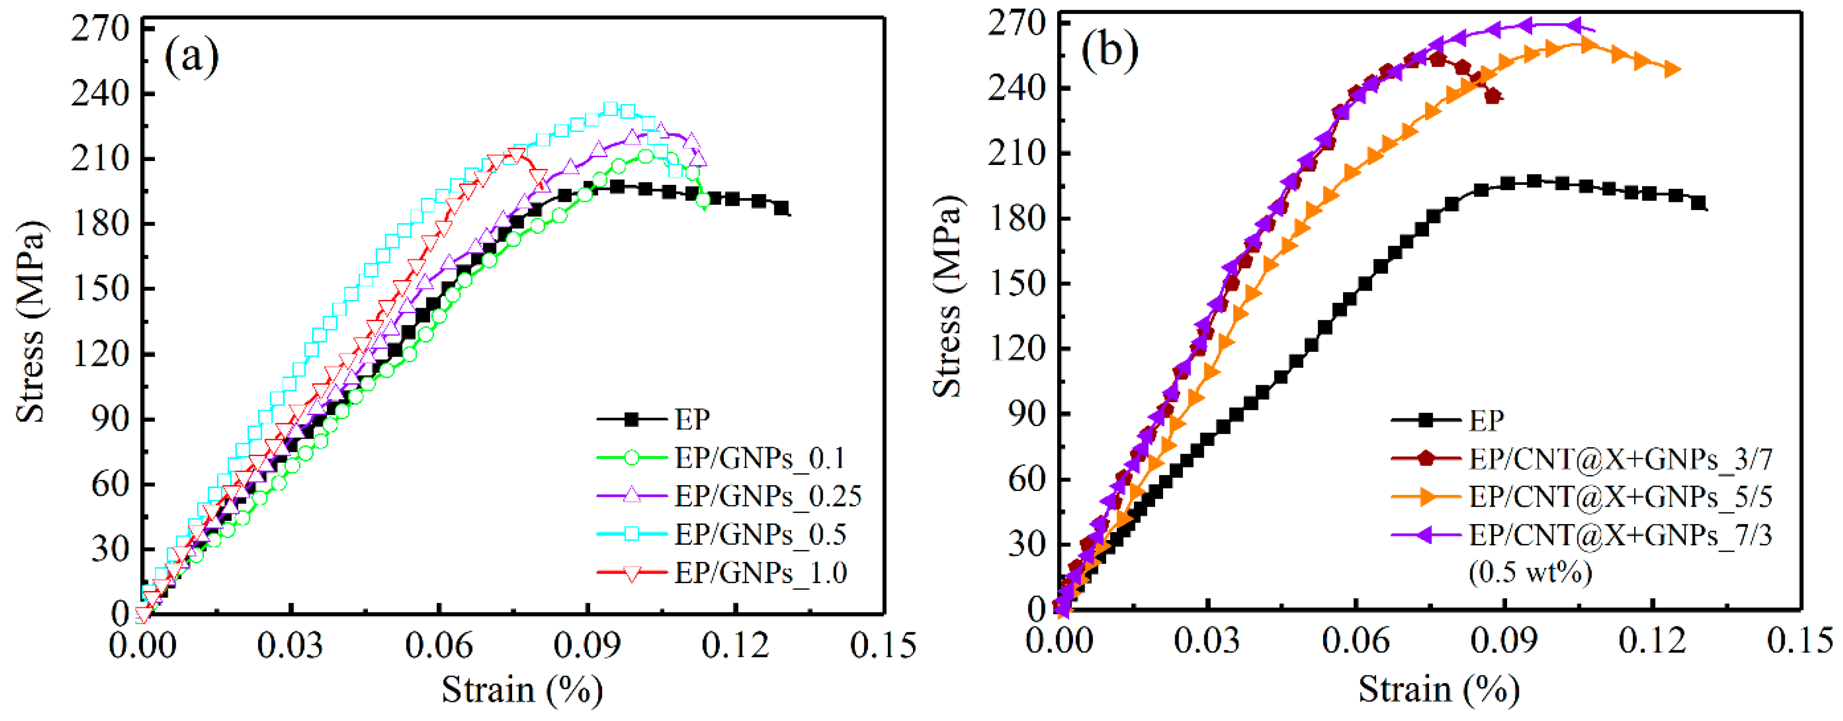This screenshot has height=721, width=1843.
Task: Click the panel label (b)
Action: click(1109, 50)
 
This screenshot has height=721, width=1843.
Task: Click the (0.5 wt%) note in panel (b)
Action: click(1530, 572)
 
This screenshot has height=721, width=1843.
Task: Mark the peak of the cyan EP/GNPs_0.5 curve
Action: click(610, 109)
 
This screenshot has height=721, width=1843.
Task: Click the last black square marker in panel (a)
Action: click(781, 208)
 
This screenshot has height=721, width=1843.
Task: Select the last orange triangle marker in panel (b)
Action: click(1672, 69)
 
